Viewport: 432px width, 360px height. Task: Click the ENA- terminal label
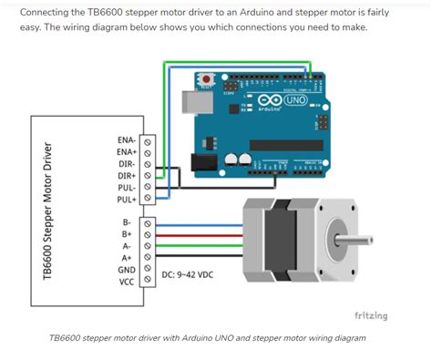(127, 139)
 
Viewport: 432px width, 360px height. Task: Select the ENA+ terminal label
(127, 151)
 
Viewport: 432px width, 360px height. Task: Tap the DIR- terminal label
(128, 163)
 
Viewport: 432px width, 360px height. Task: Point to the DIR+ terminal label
(128, 175)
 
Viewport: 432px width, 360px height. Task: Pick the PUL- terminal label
(128, 187)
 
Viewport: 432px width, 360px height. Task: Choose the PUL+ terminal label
(128, 199)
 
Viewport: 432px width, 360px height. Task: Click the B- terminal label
(127, 221)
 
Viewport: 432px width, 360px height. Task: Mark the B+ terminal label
(127, 233)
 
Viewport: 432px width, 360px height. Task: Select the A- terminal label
(127, 245)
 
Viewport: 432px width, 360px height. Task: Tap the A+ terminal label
(127, 258)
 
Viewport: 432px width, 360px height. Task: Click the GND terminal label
(127, 270)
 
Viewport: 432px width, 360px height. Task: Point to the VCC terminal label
(127, 282)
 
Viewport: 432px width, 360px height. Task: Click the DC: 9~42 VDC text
(188, 274)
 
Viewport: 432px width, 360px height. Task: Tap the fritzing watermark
(370, 315)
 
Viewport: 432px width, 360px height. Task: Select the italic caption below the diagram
(207, 337)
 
